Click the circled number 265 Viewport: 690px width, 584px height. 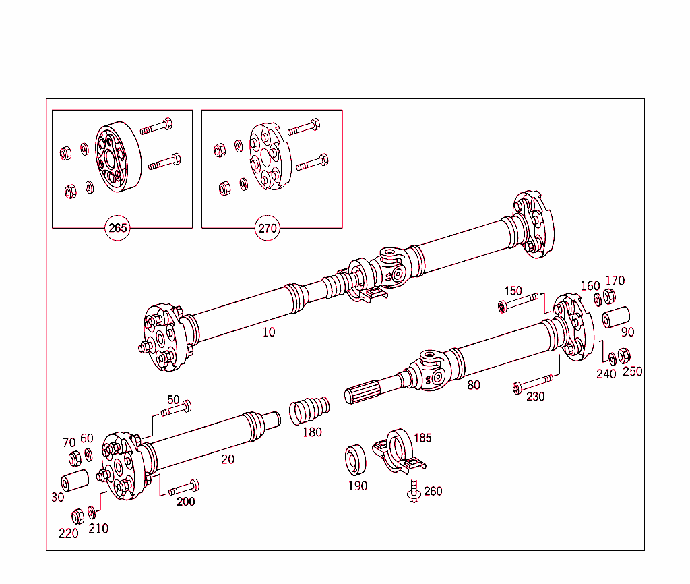[118, 228]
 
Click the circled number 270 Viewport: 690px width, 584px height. [268, 228]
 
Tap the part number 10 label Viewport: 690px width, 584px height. [269, 332]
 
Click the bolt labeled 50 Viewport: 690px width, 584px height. [177, 408]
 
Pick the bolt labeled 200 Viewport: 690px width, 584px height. [183, 488]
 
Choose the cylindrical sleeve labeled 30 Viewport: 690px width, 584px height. [75, 482]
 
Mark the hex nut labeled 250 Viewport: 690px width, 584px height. [625, 355]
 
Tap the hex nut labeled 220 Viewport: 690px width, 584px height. [77, 516]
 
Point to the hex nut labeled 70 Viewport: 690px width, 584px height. [75, 459]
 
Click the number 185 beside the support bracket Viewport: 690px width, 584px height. [422, 438]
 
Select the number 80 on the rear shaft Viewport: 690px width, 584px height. [474, 385]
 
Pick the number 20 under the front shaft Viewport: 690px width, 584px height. [228, 459]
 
